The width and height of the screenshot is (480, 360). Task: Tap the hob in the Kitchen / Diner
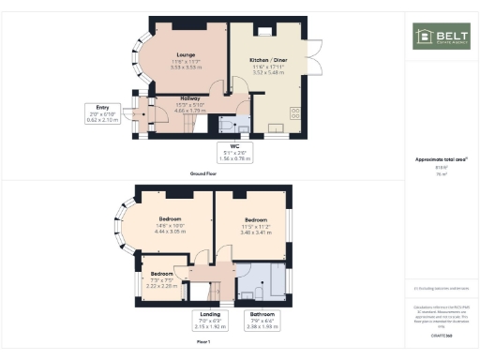tap(297, 112)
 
